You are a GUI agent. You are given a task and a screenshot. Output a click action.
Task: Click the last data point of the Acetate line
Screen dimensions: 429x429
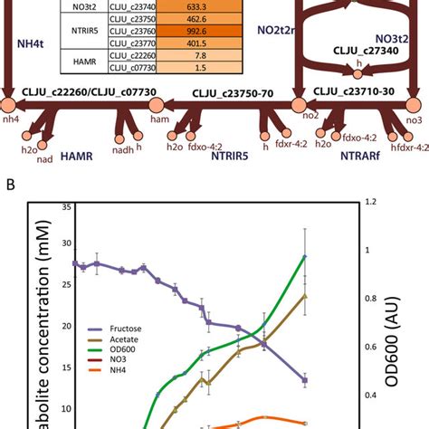(x=305, y=296)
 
